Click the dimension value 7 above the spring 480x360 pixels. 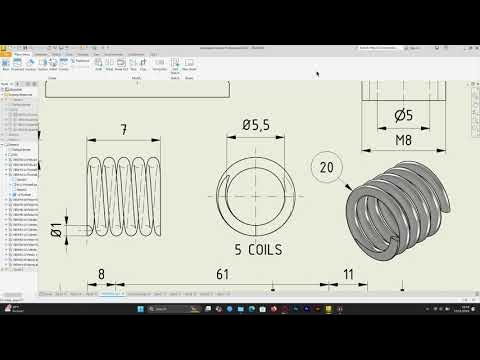point(123,130)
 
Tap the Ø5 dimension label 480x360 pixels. point(404,115)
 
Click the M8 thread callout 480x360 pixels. point(404,141)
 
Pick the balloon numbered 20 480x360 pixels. point(327,167)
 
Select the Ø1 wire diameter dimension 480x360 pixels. point(56,230)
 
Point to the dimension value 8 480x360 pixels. point(101,273)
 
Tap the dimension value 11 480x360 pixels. point(348,273)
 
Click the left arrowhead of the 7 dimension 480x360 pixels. point(91,141)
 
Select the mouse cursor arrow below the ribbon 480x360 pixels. point(318,73)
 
